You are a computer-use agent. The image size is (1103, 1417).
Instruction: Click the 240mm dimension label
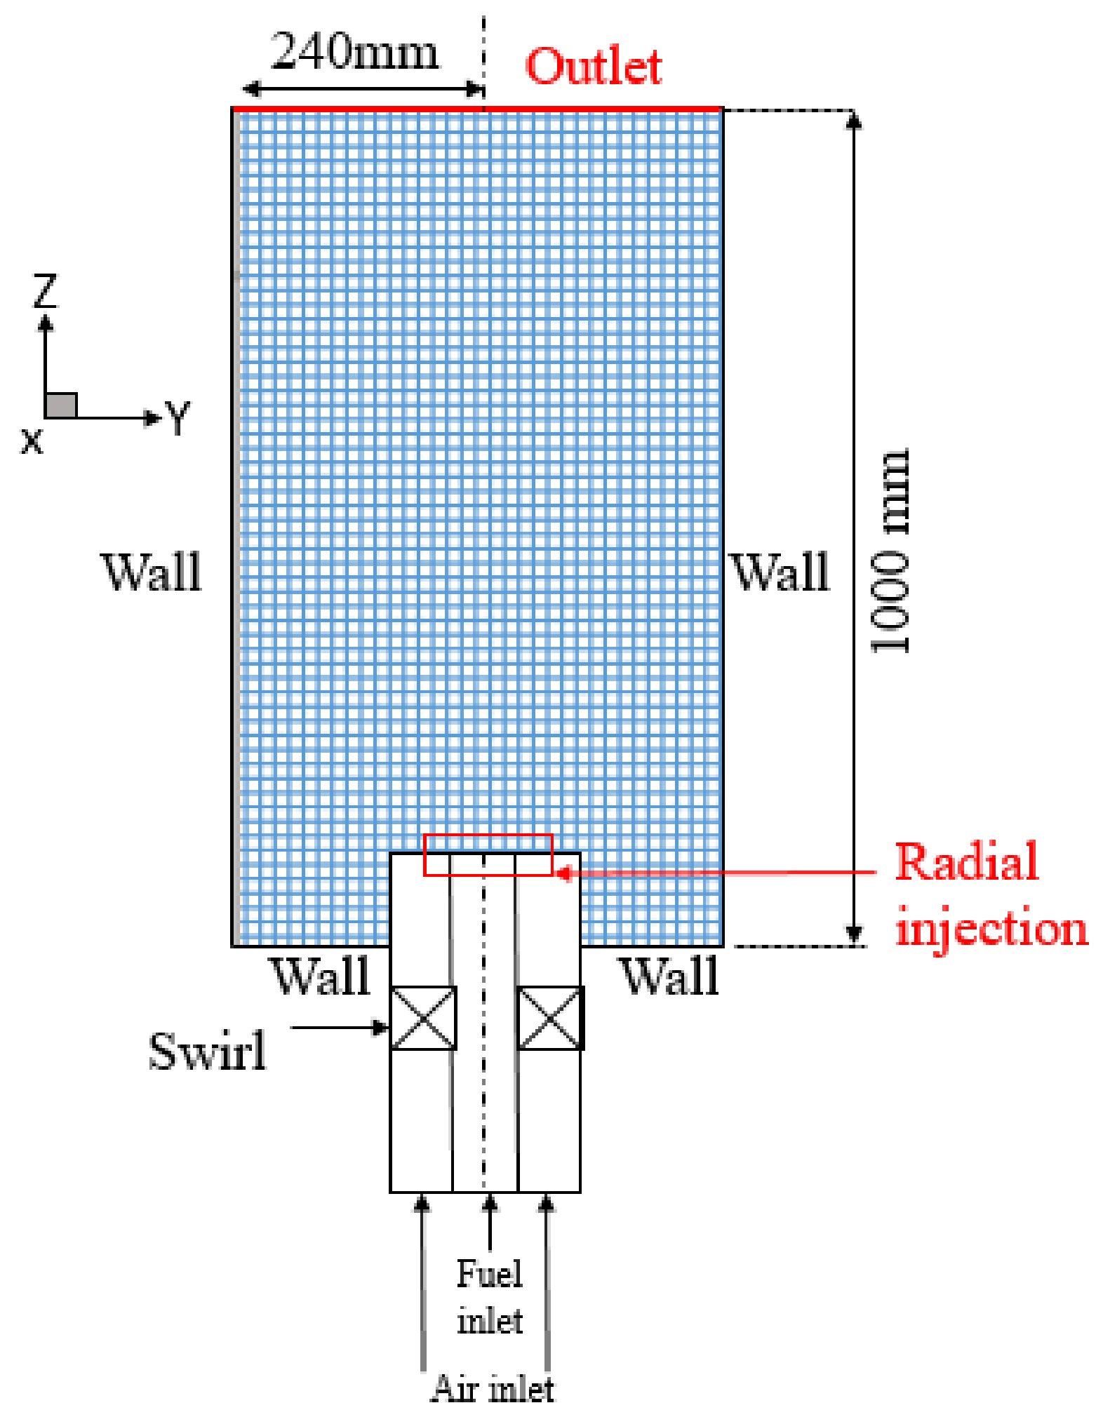[354, 52]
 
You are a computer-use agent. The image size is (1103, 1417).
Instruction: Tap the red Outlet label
[594, 67]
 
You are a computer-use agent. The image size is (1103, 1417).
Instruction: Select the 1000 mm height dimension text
[890, 551]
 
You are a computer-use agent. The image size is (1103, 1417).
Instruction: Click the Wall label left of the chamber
[152, 572]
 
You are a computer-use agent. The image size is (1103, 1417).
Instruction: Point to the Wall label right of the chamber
[780, 572]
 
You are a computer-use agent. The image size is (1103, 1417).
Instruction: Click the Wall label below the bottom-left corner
[321, 976]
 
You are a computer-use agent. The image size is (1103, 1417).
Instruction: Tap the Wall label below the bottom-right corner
[670, 976]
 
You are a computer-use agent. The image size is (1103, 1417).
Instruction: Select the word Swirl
[208, 1052]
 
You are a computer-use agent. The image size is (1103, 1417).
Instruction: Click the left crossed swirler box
[423, 1018]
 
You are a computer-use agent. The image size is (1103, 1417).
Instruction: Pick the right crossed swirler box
[550, 1018]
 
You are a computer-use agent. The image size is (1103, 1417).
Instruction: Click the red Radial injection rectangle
[488, 855]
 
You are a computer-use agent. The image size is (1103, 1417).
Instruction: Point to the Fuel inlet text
[490, 1297]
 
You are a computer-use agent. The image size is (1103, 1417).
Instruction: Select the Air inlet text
[493, 1389]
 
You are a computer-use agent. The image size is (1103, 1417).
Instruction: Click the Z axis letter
[46, 291]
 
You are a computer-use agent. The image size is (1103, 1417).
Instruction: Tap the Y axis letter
[178, 418]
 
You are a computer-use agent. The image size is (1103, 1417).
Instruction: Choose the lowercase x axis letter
[32, 442]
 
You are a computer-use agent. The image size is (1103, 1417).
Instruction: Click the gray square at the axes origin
[61, 405]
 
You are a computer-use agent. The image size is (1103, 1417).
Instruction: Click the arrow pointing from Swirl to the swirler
[340, 1028]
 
